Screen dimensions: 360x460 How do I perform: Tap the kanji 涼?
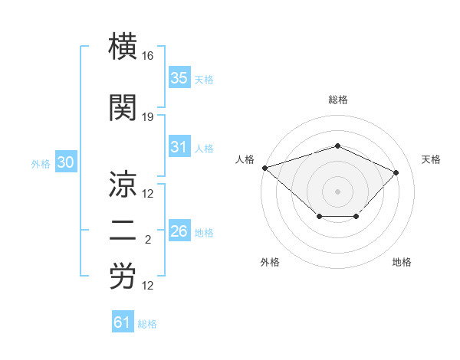[x=124, y=185]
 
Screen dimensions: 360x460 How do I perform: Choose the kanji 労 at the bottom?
[x=124, y=277]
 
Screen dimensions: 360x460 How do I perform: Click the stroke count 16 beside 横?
[x=148, y=56]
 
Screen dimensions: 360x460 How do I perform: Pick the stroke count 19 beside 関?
[x=148, y=117]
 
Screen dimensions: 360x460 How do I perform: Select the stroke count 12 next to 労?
[x=148, y=286]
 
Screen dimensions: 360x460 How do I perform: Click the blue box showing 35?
[x=179, y=78]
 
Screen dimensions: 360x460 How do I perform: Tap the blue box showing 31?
[x=179, y=148]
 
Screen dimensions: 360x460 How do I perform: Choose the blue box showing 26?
[x=179, y=231]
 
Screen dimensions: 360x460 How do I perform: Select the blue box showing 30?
[x=66, y=162]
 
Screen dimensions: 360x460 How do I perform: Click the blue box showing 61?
[x=123, y=322]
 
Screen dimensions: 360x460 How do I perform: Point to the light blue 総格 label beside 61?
[x=147, y=324]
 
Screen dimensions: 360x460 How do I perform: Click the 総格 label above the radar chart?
[x=337, y=100]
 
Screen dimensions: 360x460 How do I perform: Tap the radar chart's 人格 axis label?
[x=245, y=159]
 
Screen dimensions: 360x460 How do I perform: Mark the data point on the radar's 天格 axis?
[x=396, y=172]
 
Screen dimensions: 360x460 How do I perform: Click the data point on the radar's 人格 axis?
[x=264, y=167]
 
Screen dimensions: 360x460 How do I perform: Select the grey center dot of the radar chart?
[x=337, y=191]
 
